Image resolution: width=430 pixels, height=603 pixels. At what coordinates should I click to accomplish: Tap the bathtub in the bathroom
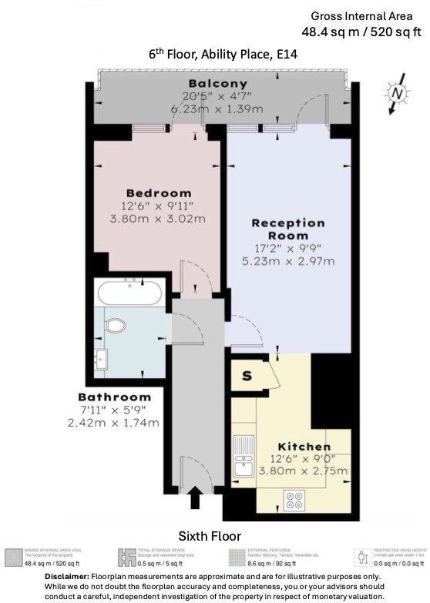[x=129, y=293]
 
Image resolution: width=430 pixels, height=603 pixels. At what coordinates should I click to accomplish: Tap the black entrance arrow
[x=194, y=498]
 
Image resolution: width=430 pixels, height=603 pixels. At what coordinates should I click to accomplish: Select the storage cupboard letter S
[x=247, y=377]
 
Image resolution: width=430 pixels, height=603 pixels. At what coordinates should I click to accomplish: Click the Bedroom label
[x=158, y=193]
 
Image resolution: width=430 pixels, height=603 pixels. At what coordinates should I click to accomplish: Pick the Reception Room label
[x=289, y=229]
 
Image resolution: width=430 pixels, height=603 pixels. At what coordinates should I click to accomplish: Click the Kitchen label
[x=305, y=447]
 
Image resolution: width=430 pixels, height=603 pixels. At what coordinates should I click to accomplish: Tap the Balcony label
[x=218, y=83]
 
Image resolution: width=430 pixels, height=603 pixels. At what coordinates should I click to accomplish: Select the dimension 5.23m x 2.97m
[x=289, y=261]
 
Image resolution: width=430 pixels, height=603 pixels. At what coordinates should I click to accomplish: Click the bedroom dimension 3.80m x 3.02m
[x=158, y=219]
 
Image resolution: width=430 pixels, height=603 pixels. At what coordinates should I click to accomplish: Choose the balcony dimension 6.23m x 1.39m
[x=218, y=109]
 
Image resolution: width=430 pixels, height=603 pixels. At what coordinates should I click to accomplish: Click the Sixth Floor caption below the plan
[x=210, y=535]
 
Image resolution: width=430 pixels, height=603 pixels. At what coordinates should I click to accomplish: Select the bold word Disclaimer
[x=67, y=576]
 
